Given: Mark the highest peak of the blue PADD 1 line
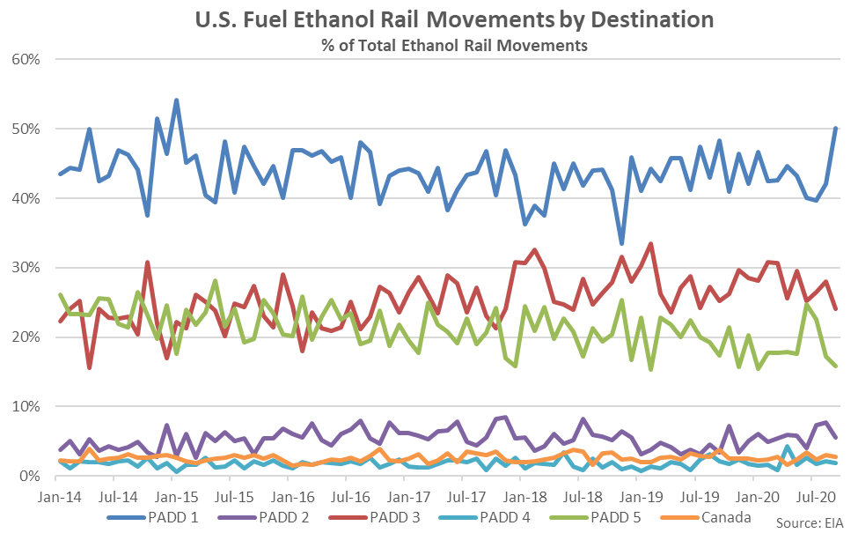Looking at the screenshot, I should (176, 100).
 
